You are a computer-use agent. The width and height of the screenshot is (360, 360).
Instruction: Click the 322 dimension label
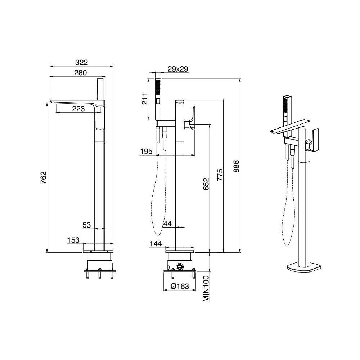coord(81,62)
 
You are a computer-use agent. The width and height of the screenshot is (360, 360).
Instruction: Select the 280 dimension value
coord(81,73)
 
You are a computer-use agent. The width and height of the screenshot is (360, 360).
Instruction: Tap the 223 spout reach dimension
coord(78,109)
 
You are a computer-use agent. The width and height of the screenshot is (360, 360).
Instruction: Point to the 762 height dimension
coord(44,177)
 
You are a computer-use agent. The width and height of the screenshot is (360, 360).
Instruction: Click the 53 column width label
coord(86,225)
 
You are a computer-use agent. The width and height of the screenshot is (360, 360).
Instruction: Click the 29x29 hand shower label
coord(178,69)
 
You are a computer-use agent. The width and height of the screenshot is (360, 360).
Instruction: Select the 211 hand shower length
coord(144,99)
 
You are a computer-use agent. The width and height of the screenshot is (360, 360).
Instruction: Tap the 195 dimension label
coord(146,151)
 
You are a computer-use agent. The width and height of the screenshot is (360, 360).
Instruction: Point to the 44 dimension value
coord(167,224)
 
